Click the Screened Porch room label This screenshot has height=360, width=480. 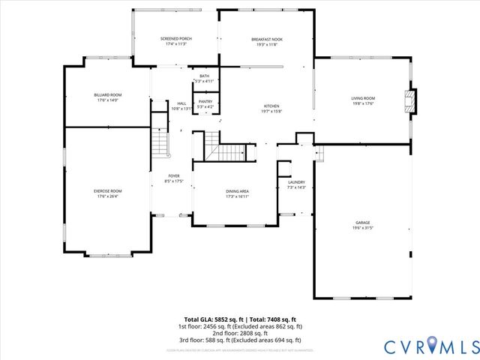(x=175, y=38)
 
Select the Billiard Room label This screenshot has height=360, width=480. (x=108, y=94)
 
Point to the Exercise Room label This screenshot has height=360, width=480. (x=108, y=191)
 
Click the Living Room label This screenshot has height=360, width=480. (x=363, y=98)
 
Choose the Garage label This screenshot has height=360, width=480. (x=363, y=223)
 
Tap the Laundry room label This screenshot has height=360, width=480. (x=296, y=182)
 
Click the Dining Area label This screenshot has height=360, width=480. (x=238, y=191)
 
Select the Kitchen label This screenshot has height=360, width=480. (x=271, y=106)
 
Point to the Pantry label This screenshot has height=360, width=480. (x=204, y=103)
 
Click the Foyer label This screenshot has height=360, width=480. (x=174, y=176)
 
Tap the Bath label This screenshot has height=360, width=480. (x=204, y=76)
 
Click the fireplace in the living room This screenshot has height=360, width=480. (x=408, y=100)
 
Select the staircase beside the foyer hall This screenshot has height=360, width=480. (x=159, y=139)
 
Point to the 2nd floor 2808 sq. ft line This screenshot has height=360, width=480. (x=240, y=334)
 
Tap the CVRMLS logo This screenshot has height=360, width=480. (x=430, y=346)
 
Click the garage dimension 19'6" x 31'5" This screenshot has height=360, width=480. (x=363, y=228)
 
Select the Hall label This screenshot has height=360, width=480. (x=181, y=103)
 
